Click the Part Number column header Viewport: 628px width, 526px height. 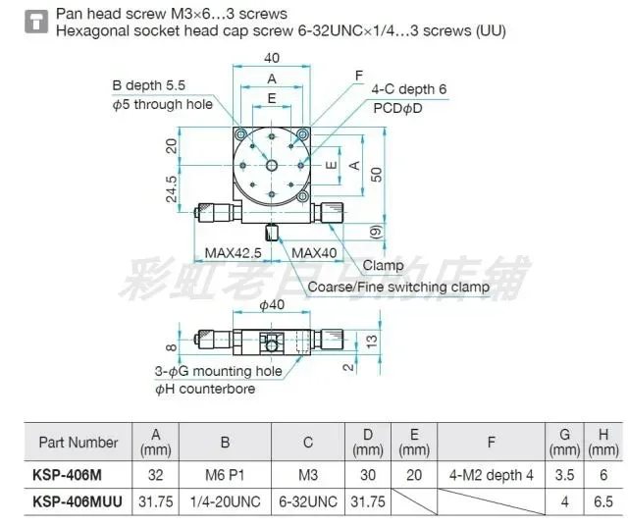pyautogui.click(x=78, y=443)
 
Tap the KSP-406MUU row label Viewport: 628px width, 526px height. pyautogui.click(x=78, y=500)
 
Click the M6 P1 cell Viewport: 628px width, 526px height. pyautogui.click(x=225, y=474)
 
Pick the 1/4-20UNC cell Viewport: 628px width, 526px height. pyautogui.click(x=225, y=500)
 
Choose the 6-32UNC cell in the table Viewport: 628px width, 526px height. pyautogui.click(x=307, y=500)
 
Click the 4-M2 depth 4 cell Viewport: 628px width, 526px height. pyautogui.click(x=491, y=474)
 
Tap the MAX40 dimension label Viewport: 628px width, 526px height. pyautogui.click(x=315, y=253)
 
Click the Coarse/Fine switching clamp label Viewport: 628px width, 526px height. pyautogui.click(x=398, y=288)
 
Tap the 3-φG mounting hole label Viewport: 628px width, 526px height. pyautogui.click(x=218, y=371)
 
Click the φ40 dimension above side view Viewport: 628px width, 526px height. pyautogui.click(x=272, y=305)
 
